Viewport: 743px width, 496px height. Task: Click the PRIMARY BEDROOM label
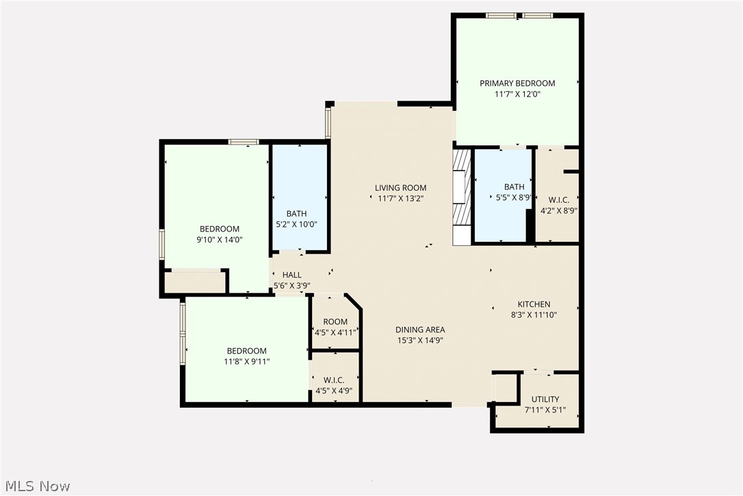coord(517,84)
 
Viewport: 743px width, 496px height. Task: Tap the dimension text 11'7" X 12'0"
coord(517,95)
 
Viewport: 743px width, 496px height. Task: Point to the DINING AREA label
coord(421,330)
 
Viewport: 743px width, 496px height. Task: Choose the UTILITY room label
coord(545,399)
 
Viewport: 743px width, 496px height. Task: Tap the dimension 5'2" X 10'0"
coord(296,224)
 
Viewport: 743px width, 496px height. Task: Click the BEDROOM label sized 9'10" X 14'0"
coord(220,229)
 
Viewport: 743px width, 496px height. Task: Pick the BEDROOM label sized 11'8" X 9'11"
coord(247,351)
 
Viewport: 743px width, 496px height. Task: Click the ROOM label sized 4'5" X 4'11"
coord(335,322)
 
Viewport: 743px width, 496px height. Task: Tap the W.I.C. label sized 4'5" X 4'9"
coord(334,380)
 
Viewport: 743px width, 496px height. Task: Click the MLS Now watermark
coord(36,486)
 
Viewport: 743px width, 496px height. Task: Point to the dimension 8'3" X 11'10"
coord(534,316)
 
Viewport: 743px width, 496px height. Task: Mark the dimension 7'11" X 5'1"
coord(545,411)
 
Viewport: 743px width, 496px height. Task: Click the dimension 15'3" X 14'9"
coord(421,340)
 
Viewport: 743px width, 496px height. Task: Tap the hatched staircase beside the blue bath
coord(462,197)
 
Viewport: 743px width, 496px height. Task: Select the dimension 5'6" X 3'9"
coord(291,286)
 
